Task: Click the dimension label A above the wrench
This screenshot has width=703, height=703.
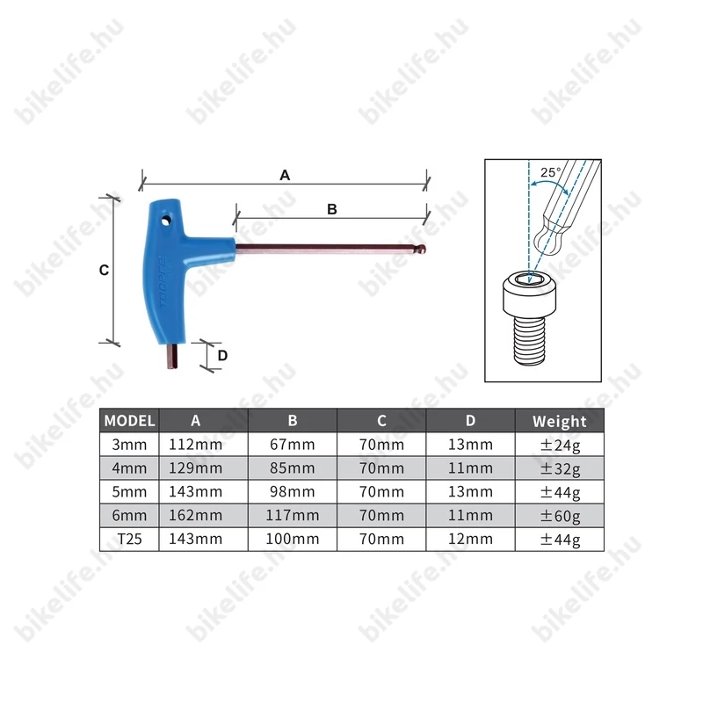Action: point(285,175)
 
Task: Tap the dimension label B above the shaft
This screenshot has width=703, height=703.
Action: point(332,209)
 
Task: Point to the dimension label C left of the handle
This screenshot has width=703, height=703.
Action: point(104,270)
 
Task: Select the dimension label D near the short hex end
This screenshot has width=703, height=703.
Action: point(222,356)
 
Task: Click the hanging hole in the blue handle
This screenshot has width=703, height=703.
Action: point(166,221)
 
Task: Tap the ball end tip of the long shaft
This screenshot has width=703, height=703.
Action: point(422,249)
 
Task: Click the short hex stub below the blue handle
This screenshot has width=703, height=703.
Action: point(172,357)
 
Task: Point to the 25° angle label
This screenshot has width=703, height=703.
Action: point(551,172)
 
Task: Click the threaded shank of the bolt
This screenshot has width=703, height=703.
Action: point(530,340)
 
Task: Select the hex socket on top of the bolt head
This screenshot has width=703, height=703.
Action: point(530,280)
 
